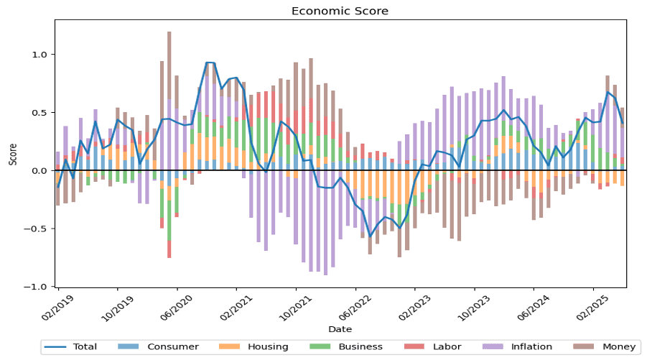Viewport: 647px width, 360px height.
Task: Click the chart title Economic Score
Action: (x=340, y=11)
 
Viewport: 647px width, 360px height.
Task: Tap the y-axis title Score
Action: (x=13, y=154)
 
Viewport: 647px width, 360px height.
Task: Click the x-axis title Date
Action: (x=340, y=329)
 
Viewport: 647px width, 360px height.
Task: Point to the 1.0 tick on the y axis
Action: (x=42, y=55)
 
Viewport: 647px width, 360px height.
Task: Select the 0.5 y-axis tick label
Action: (x=42, y=113)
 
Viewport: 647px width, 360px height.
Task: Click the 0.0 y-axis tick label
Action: (x=42, y=170)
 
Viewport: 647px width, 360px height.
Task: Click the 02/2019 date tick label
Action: (x=57, y=308)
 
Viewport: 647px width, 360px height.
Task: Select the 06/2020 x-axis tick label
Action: (x=177, y=308)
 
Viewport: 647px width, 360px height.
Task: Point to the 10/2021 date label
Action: (x=295, y=308)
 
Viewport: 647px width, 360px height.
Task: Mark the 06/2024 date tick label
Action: (x=533, y=308)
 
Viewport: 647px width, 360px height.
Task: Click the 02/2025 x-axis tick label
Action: (x=592, y=308)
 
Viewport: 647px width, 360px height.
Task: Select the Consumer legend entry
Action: (x=159, y=347)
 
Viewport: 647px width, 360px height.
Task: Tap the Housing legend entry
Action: (x=253, y=347)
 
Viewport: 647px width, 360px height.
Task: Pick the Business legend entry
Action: (x=346, y=347)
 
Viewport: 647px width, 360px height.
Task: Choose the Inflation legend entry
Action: (x=518, y=347)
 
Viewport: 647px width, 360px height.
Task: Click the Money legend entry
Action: (x=605, y=347)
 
